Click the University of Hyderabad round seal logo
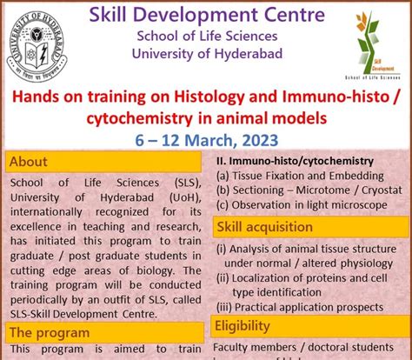pyautogui.click(x=40, y=43)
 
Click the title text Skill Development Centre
pyautogui.click(x=205, y=15)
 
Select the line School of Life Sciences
pyautogui.click(x=205, y=36)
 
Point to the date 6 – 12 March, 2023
pyautogui.click(x=205, y=138)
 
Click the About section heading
pyautogui.click(x=30, y=161)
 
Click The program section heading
pyautogui.click(x=49, y=332)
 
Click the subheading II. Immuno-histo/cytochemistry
pyautogui.click(x=294, y=161)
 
